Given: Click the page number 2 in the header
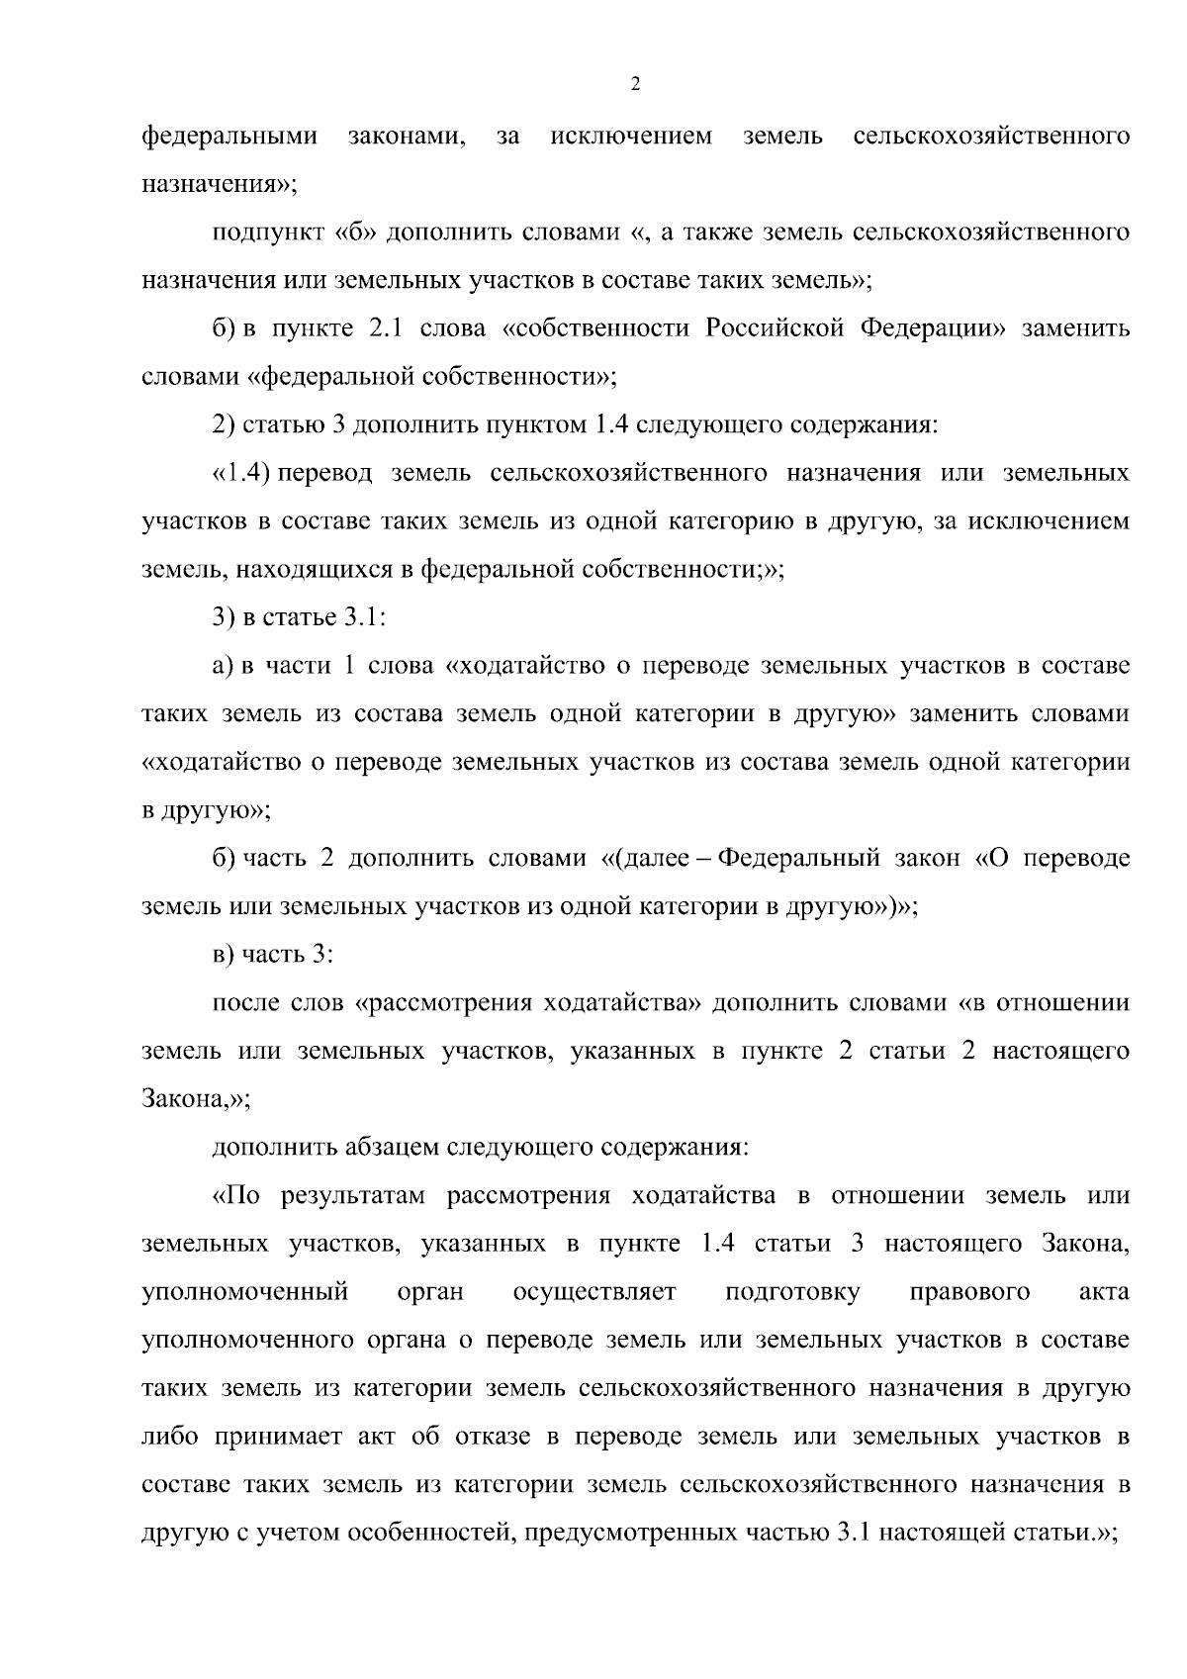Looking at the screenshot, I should pyautogui.click(x=635, y=85).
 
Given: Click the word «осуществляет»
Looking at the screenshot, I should pyautogui.click(x=594, y=1292).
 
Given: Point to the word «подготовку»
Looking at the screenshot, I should pyautogui.click(x=792, y=1292).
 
